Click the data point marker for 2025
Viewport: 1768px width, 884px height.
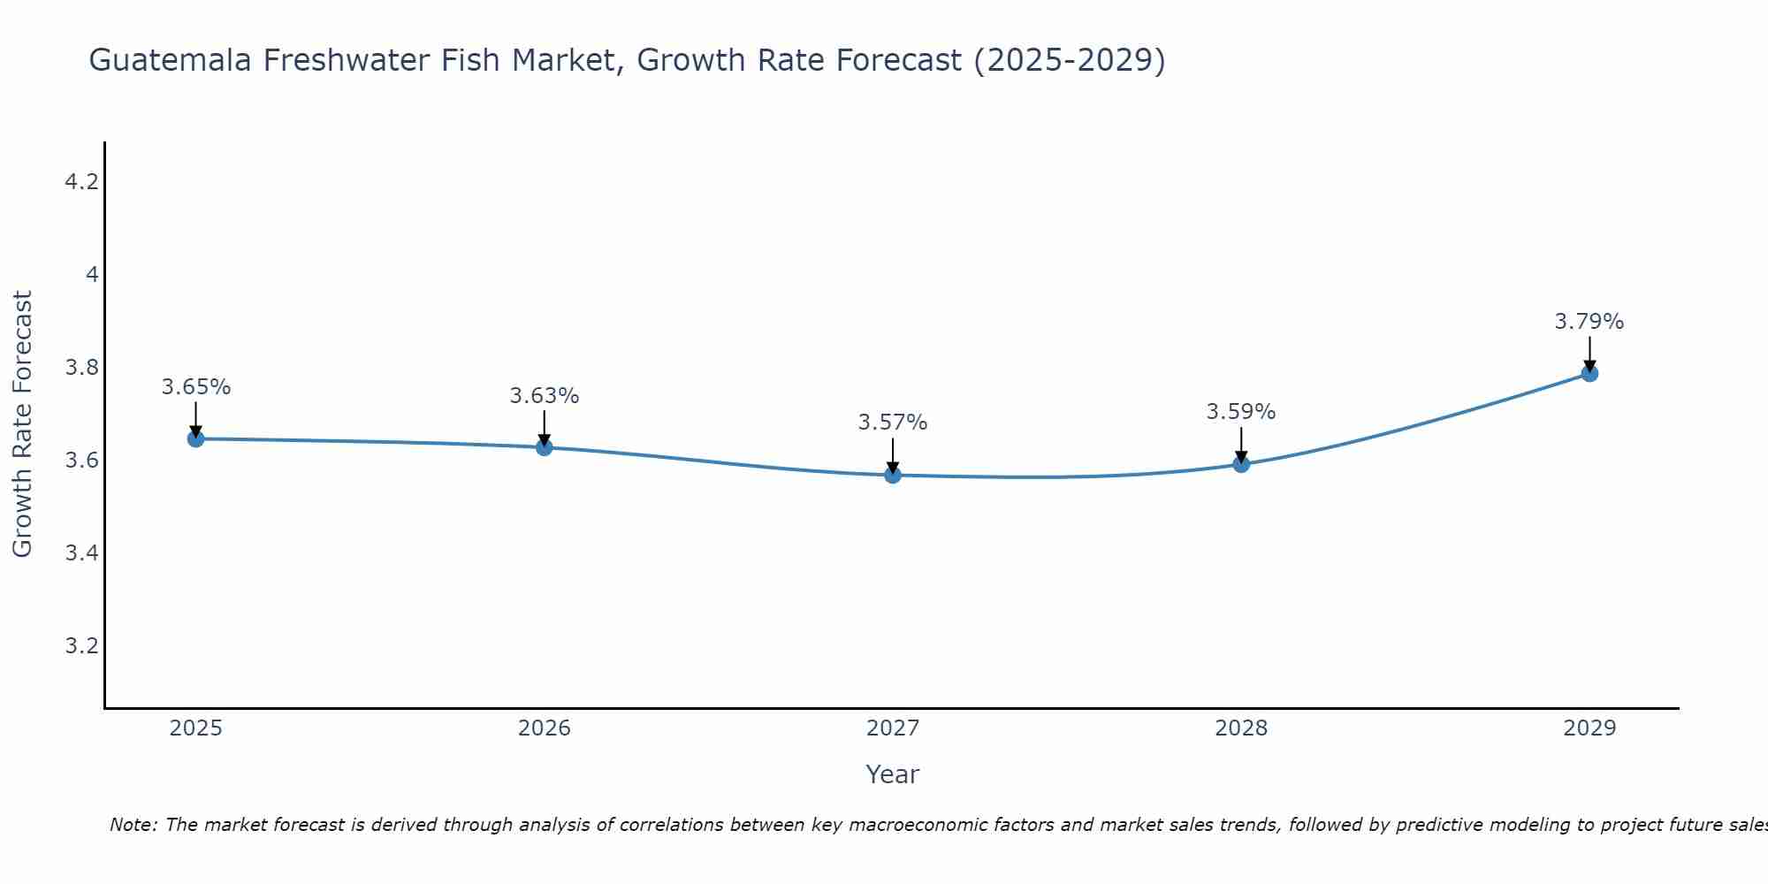pyautogui.click(x=196, y=438)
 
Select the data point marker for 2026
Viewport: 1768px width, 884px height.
pyautogui.click(x=545, y=447)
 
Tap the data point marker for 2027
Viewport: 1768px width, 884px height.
pyautogui.click(x=893, y=475)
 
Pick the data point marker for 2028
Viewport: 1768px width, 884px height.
pyautogui.click(x=1241, y=464)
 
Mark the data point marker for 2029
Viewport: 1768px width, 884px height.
pyautogui.click(x=1589, y=373)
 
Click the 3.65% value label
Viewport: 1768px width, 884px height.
pyautogui.click(x=196, y=387)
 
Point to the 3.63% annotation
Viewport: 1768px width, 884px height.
pyautogui.click(x=545, y=396)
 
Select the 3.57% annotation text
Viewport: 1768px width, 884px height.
pyautogui.click(x=893, y=423)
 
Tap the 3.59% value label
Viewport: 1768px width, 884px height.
pyautogui.click(x=1241, y=412)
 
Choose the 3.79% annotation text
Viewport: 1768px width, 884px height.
pyautogui.click(x=1589, y=322)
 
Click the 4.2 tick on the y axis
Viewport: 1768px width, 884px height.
pyautogui.click(x=81, y=182)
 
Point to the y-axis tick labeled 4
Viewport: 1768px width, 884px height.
pyautogui.click(x=92, y=275)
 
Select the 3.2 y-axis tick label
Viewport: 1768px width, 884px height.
pyautogui.click(x=81, y=646)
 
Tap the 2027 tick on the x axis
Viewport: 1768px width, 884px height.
pyautogui.click(x=893, y=728)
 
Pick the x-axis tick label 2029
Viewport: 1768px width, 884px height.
pyautogui.click(x=1589, y=728)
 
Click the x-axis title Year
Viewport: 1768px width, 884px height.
pyautogui.click(x=893, y=774)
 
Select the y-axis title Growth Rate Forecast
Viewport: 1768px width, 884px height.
pyautogui.click(x=22, y=424)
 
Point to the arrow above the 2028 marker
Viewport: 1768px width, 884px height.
pyautogui.click(x=1241, y=444)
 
